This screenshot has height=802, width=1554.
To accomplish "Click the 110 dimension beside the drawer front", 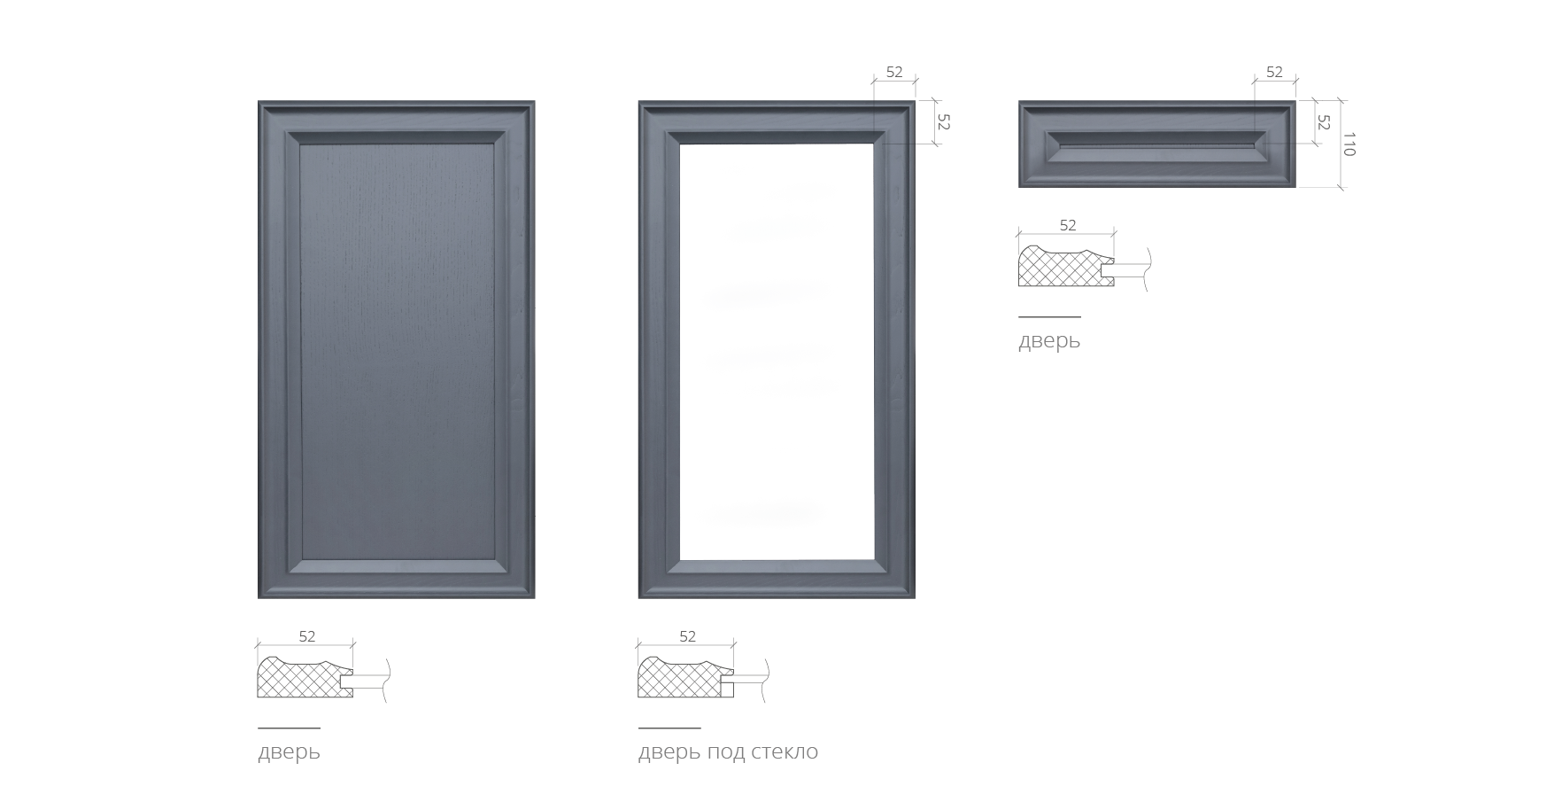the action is tap(1349, 144).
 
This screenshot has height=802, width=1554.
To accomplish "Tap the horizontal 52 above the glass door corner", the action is tap(894, 72).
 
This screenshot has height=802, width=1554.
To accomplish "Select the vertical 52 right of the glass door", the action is tap(943, 122).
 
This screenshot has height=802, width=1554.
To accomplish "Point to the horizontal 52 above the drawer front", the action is tap(1274, 72).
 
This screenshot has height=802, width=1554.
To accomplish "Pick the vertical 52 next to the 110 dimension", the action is tap(1324, 122).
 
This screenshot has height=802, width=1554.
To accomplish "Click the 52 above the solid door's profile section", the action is tap(306, 636).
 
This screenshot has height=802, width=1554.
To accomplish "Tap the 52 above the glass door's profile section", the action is tap(687, 636).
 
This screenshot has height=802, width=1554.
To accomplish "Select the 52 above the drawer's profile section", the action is tap(1068, 225).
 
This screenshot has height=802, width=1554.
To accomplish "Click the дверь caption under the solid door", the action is tap(289, 752).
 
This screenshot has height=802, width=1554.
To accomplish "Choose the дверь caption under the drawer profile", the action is tap(1049, 341).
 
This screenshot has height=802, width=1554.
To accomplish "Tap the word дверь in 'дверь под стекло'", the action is tap(669, 752).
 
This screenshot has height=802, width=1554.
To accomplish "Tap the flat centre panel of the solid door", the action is tap(397, 351).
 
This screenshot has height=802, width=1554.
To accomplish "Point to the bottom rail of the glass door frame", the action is tap(777, 579).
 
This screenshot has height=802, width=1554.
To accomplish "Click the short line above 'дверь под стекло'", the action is tap(669, 728).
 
